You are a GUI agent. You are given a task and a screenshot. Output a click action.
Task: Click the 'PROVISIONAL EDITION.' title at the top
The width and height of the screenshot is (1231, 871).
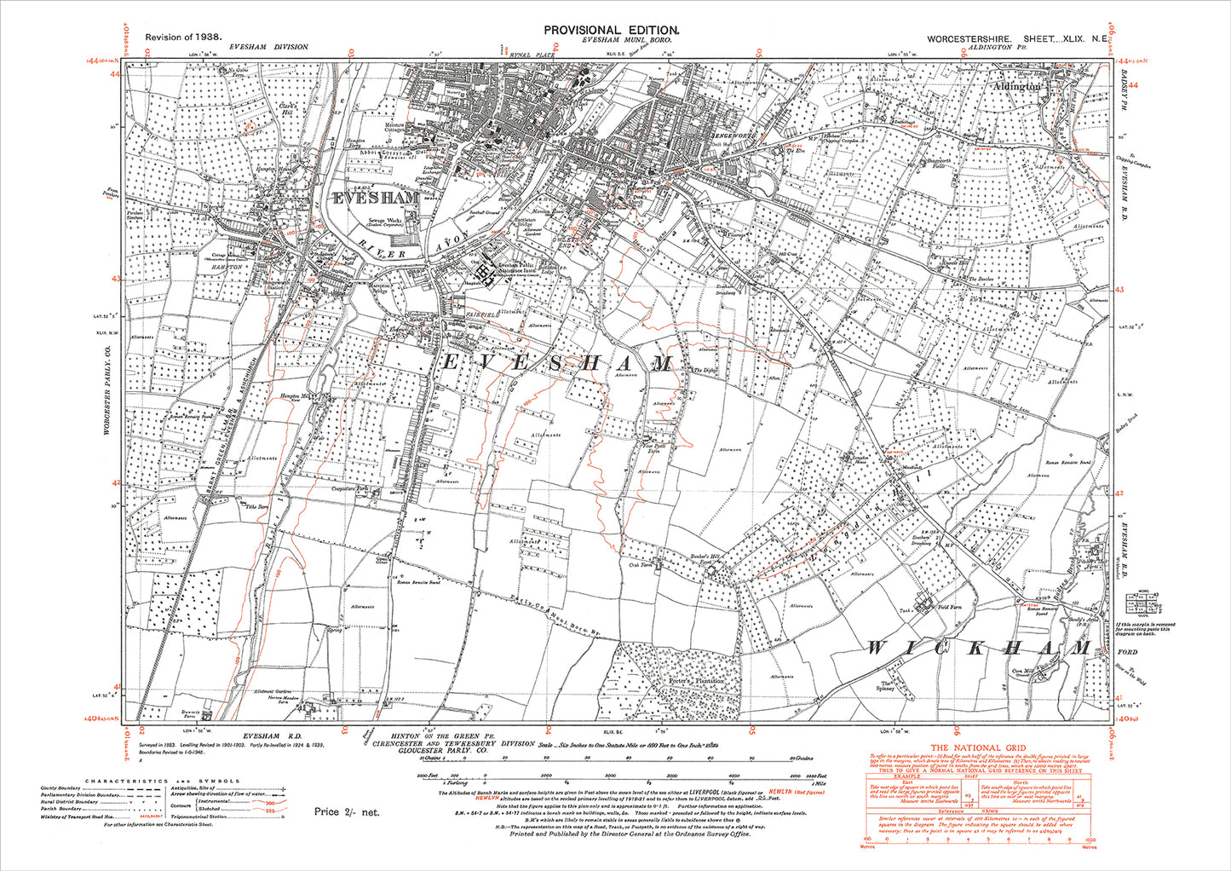pyautogui.click(x=612, y=29)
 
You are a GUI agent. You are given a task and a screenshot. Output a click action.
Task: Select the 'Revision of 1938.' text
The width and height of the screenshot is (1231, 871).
pyautogui.click(x=183, y=37)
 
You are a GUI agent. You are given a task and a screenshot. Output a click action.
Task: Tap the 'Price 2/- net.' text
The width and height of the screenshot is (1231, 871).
pyautogui.click(x=347, y=812)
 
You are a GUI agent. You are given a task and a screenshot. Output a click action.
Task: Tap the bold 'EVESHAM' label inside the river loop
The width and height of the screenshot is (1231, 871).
pyautogui.click(x=376, y=198)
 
